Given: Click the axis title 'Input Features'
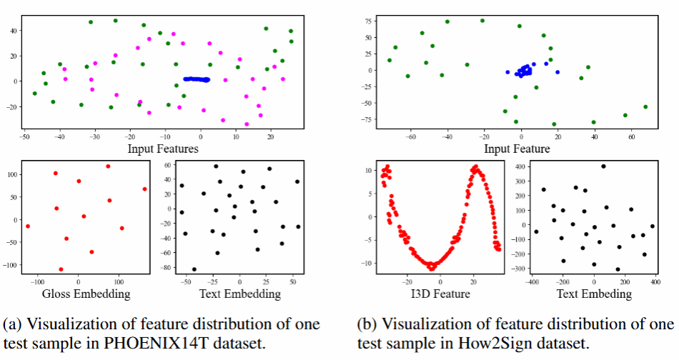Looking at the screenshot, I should tap(163, 149).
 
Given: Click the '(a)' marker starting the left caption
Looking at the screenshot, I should tap(12, 324).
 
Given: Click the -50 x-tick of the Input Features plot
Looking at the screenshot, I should tap(24, 135).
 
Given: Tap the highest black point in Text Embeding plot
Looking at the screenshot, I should tap(603, 166).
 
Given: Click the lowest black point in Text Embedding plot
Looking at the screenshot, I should tap(194, 269).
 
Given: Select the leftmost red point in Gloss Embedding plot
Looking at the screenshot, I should tap(28, 226).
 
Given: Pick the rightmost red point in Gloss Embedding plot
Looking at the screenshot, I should tap(144, 189).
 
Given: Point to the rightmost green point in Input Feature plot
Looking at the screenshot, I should tap(645, 107).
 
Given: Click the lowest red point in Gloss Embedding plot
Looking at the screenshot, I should tap(61, 269).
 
